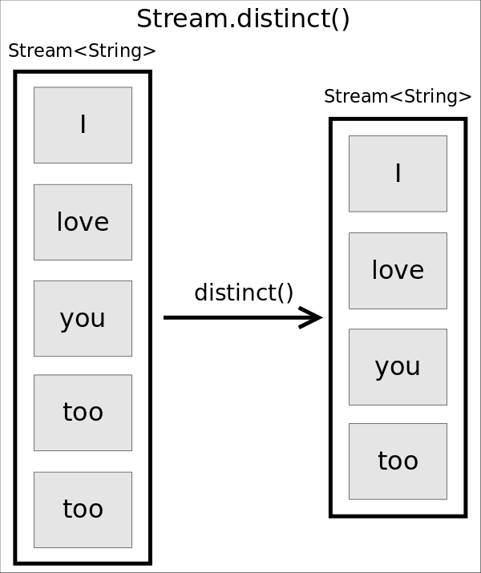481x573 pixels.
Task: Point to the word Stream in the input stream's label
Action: pos(40,50)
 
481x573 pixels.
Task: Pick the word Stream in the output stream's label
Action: pos(356,97)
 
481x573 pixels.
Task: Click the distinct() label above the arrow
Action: pos(244,293)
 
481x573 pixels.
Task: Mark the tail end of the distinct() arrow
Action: pos(167,317)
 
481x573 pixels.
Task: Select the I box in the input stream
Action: pos(83,125)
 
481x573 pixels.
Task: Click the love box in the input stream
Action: pos(83,222)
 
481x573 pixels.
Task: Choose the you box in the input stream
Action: pos(83,318)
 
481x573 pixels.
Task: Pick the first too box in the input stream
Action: pos(83,413)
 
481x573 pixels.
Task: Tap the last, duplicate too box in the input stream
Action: pos(83,510)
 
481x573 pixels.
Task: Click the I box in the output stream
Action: pos(398,173)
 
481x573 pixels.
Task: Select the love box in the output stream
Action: pos(398,270)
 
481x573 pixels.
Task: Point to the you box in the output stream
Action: pos(398,366)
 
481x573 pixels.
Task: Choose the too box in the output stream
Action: pos(398,461)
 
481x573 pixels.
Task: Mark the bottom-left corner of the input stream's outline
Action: pos(16,562)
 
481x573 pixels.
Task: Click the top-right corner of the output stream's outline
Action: pos(464,120)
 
